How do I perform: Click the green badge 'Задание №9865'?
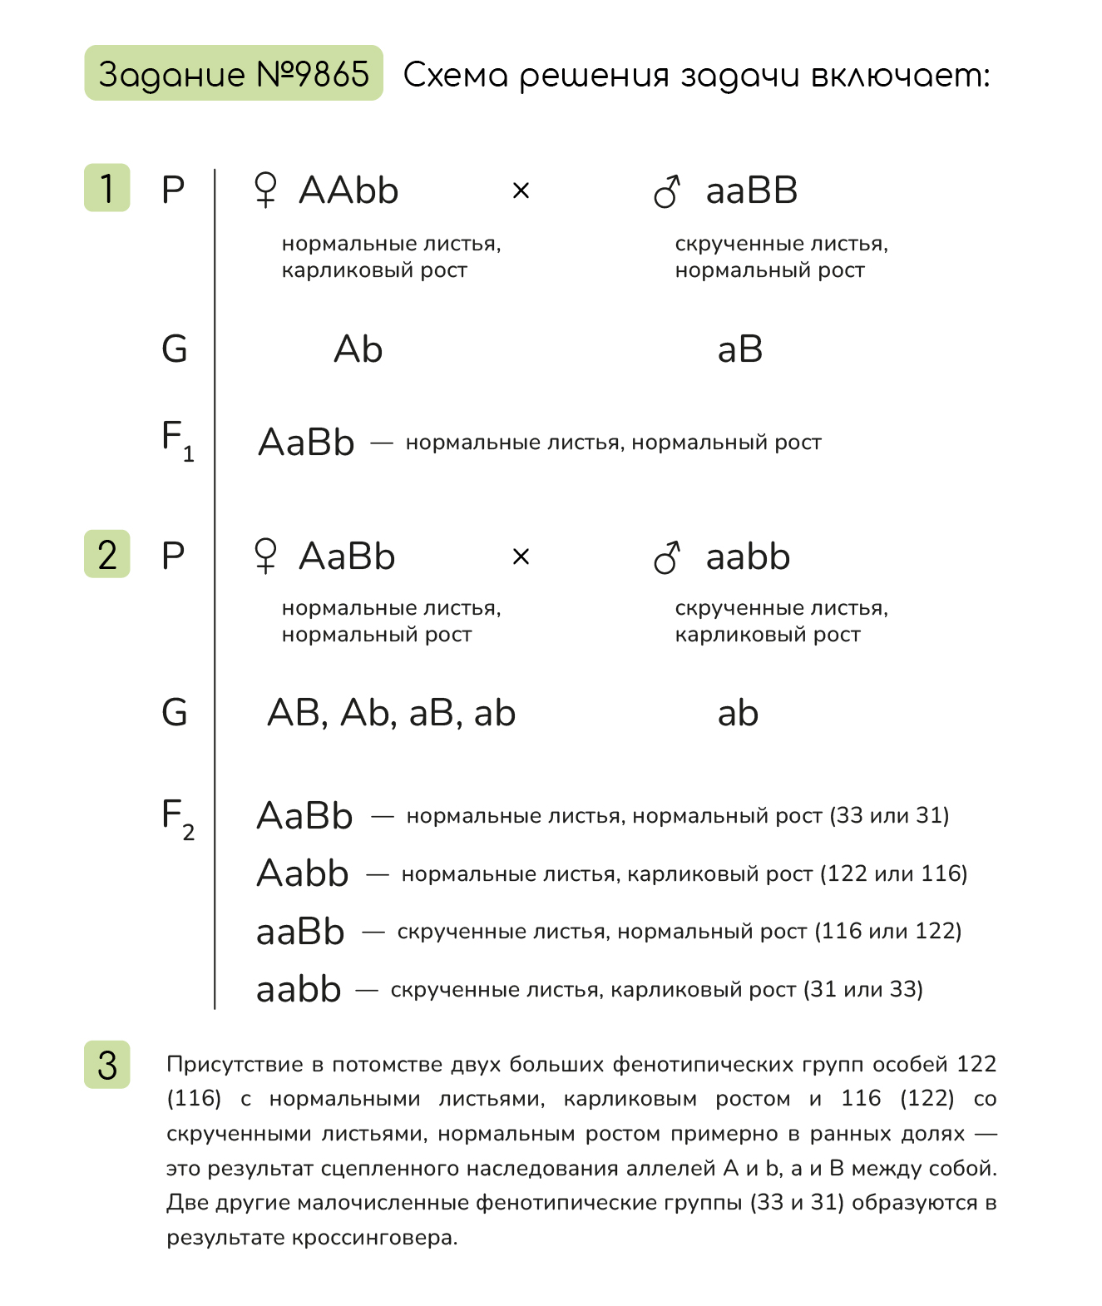[x=233, y=74]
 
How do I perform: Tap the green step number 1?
[x=107, y=188]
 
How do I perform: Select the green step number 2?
[x=107, y=554]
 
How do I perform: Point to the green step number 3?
[x=107, y=1065]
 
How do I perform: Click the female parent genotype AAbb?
[x=348, y=190]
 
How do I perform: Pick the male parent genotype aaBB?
[x=751, y=190]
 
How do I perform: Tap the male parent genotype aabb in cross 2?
[x=747, y=557]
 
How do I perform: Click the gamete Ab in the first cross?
[x=358, y=349]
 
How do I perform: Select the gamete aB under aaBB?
[x=739, y=349]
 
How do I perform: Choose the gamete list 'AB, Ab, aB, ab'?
[x=391, y=713]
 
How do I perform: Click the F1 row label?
[x=176, y=439]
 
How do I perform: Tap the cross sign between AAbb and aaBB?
[x=521, y=191]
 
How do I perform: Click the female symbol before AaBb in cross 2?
[x=265, y=557]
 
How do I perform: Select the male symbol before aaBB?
[x=667, y=191]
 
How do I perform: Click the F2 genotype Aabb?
[x=302, y=873]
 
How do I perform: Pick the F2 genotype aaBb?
[x=300, y=932]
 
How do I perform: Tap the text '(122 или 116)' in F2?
[x=893, y=873]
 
